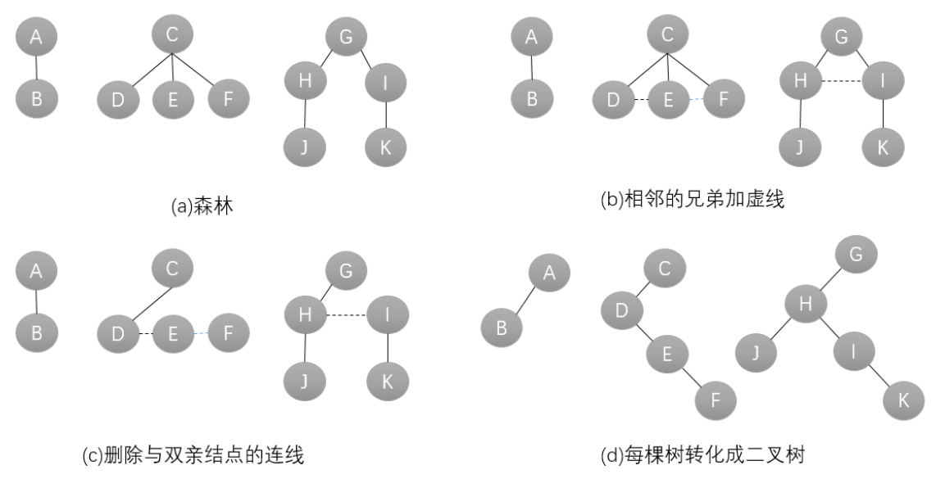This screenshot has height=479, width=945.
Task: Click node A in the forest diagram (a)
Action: (x=36, y=37)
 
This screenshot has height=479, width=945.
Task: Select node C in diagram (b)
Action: (x=667, y=34)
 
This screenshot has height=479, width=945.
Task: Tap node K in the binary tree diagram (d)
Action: (x=904, y=400)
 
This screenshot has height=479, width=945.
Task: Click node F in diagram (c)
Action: (x=229, y=334)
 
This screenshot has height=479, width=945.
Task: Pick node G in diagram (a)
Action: (x=346, y=37)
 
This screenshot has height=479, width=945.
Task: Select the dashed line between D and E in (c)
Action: (x=146, y=334)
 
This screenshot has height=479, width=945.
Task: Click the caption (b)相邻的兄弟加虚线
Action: (x=692, y=199)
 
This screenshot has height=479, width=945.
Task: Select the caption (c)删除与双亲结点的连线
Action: (x=193, y=454)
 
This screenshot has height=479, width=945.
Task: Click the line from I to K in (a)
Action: (x=386, y=114)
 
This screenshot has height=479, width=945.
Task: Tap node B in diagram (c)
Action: (x=36, y=334)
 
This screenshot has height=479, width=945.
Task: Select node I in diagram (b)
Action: (x=884, y=80)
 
